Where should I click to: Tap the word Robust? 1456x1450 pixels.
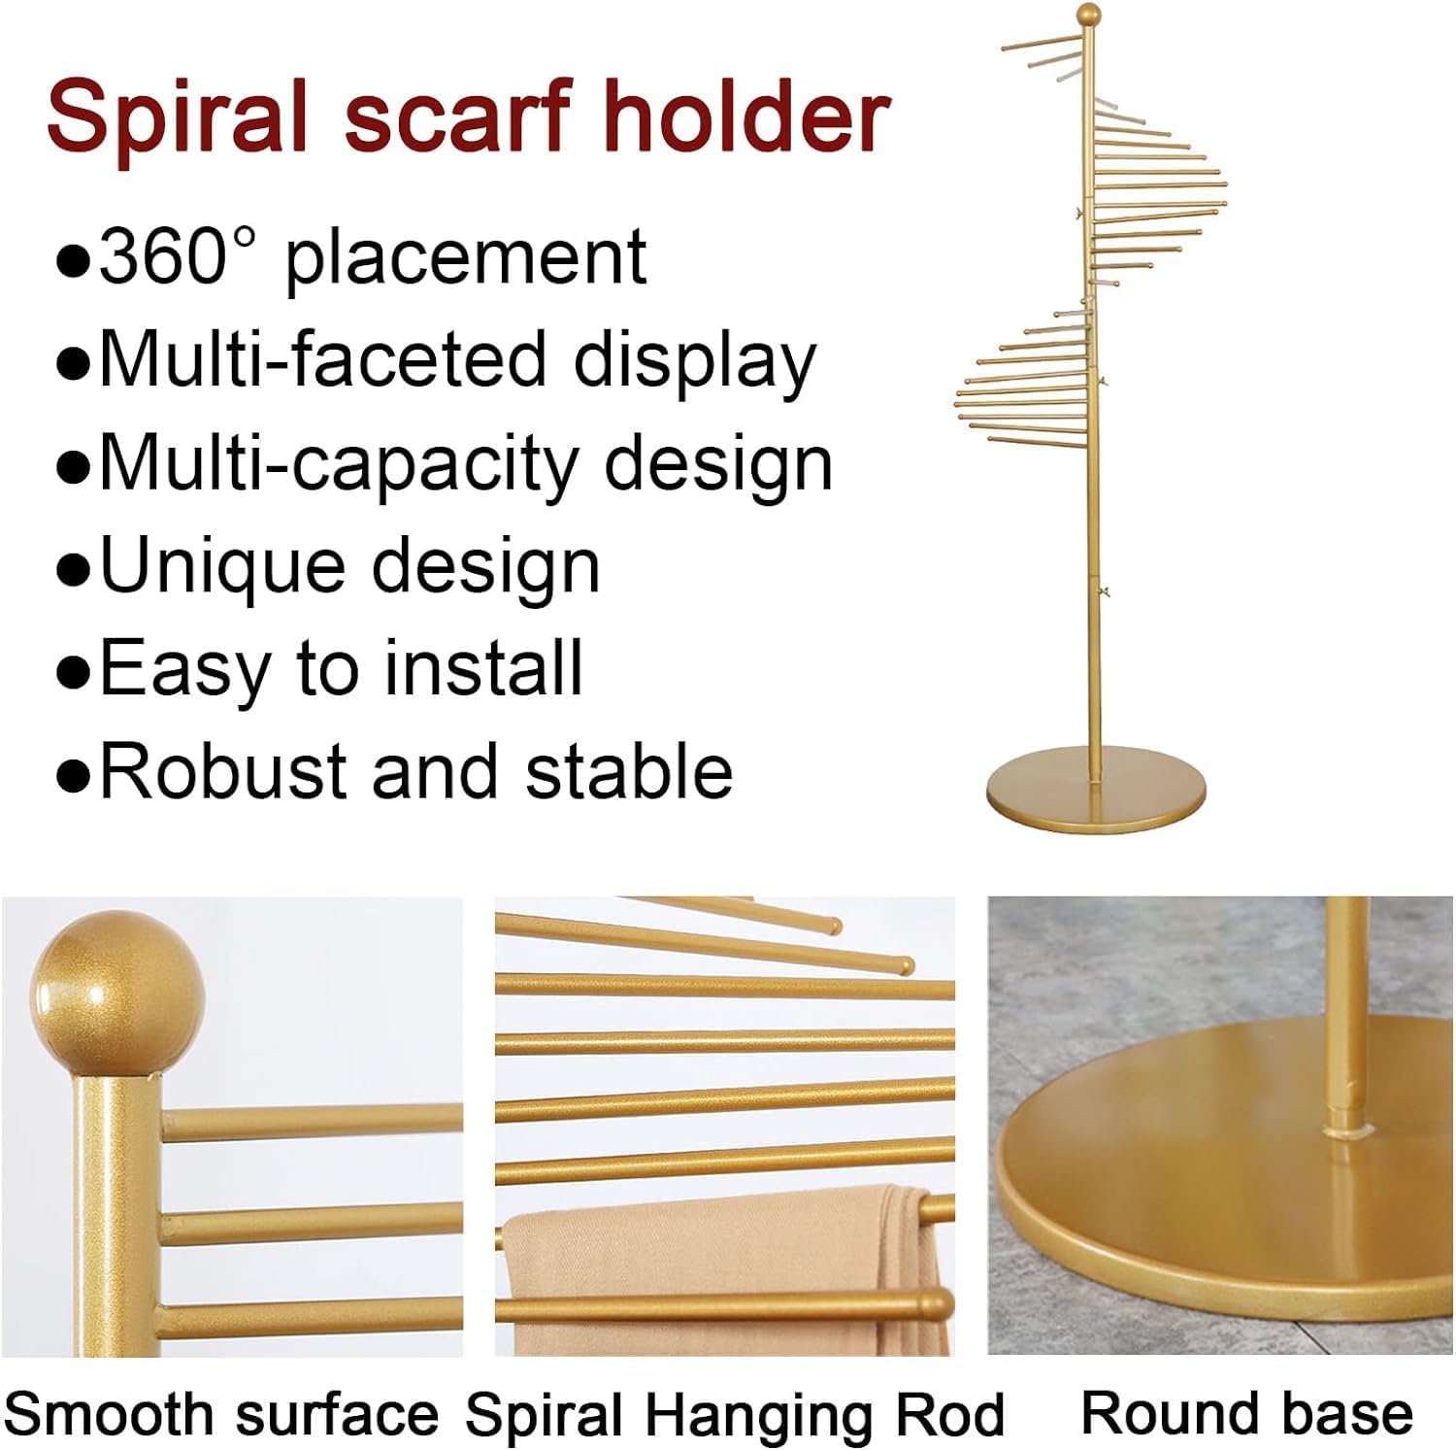223,771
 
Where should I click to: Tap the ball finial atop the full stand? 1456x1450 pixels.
1089,17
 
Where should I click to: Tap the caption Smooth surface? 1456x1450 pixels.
221,1414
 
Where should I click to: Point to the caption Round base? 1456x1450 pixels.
1246,1412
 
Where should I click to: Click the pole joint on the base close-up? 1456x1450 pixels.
1345,1127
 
